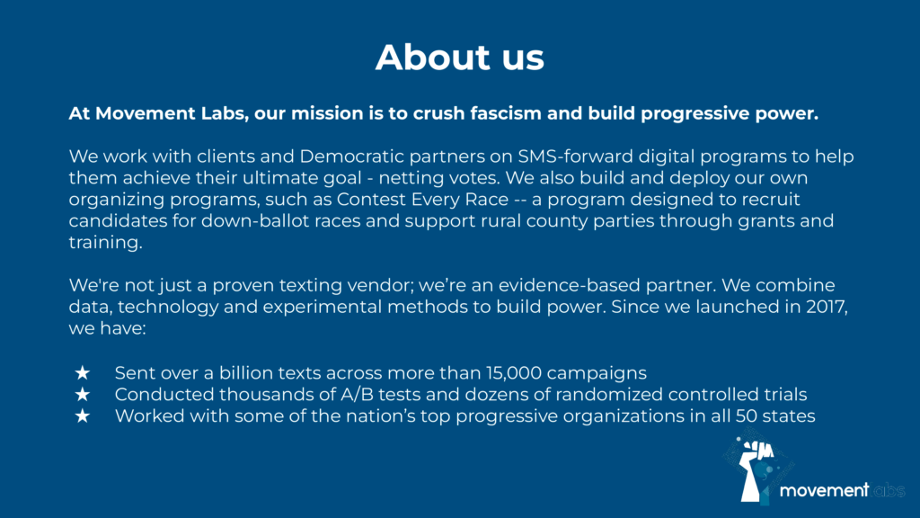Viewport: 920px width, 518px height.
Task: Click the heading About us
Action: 460,57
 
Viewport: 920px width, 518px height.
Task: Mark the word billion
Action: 246,373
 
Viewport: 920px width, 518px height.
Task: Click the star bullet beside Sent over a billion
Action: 83,373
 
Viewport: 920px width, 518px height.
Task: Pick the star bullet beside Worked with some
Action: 83,415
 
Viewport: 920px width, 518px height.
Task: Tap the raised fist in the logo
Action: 756,469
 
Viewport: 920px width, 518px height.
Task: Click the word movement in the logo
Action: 824,490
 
